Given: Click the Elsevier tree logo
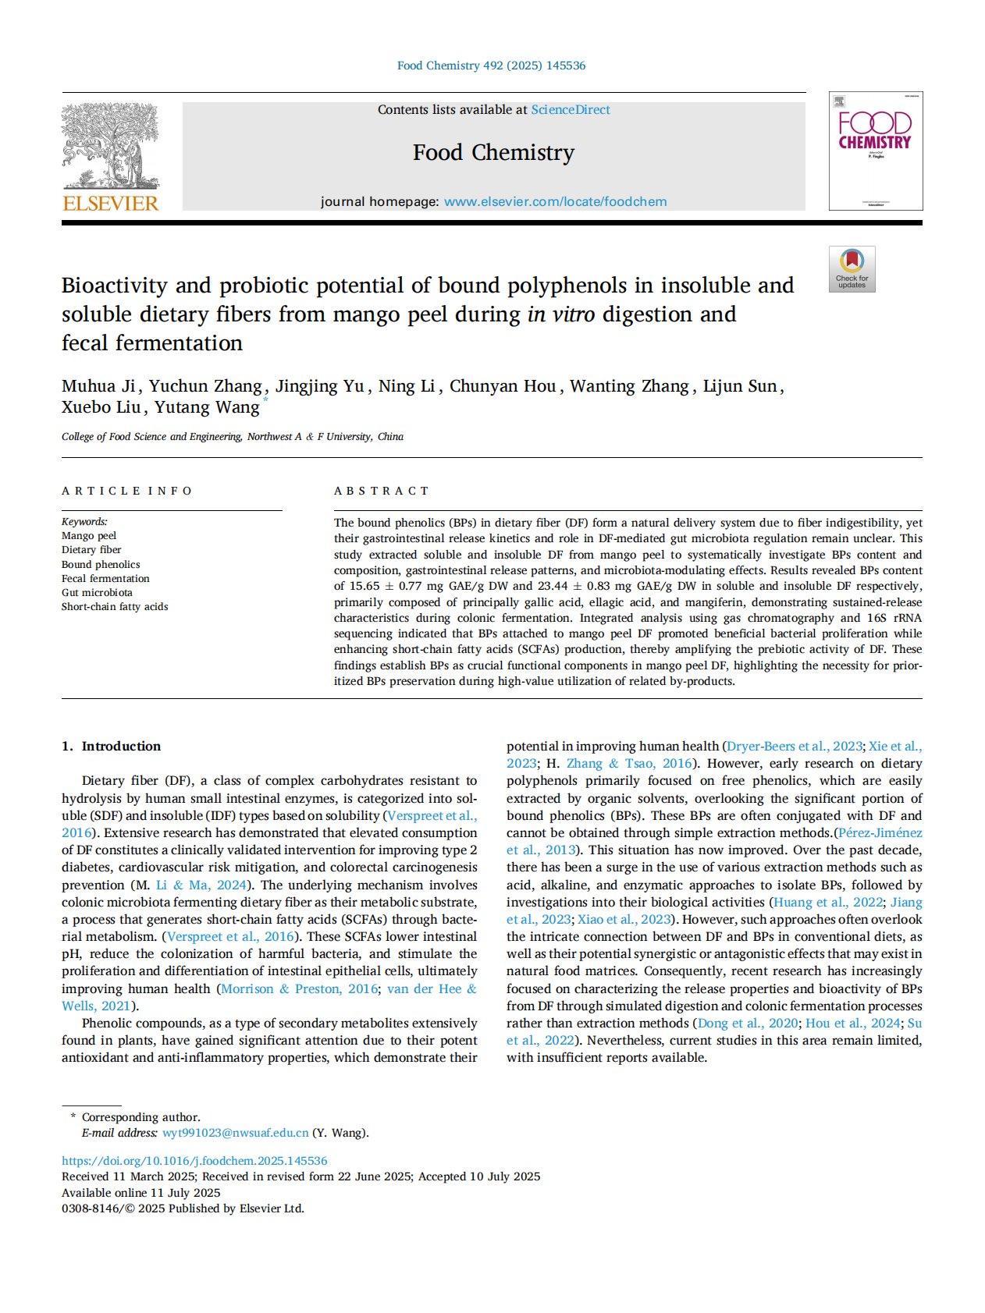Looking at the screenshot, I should point(110,146).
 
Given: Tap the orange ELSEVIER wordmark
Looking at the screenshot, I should point(110,204).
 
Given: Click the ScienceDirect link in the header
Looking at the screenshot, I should point(571,110).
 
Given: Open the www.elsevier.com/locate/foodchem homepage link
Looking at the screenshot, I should point(555,201).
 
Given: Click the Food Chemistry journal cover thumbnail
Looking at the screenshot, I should point(875,151).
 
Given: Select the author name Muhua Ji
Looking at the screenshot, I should point(98,386).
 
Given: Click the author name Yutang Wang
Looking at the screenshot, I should point(206,407).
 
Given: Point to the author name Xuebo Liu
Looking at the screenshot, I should point(101,407).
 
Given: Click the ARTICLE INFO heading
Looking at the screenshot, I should point(127,491).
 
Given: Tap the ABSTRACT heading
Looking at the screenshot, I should point(382,491).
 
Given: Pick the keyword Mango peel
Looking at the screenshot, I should point(89,535).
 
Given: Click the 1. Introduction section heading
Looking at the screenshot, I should point(112,746).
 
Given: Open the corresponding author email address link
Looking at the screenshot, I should point(235,1133).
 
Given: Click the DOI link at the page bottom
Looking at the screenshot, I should point(194,1161).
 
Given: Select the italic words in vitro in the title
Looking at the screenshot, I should point(560,314).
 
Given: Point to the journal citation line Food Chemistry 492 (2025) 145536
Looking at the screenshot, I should point(491,66).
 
